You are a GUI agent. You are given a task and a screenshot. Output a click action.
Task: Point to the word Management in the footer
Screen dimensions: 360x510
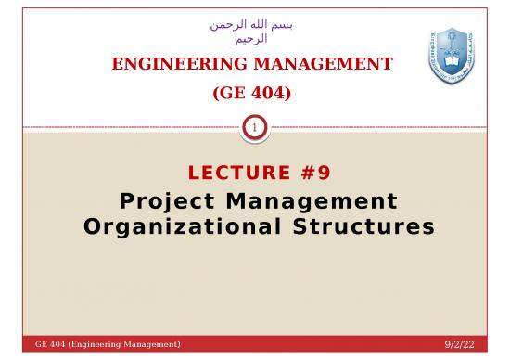(151, 345)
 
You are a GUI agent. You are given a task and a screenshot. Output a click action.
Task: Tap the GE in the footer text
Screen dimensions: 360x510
(41, 345)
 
